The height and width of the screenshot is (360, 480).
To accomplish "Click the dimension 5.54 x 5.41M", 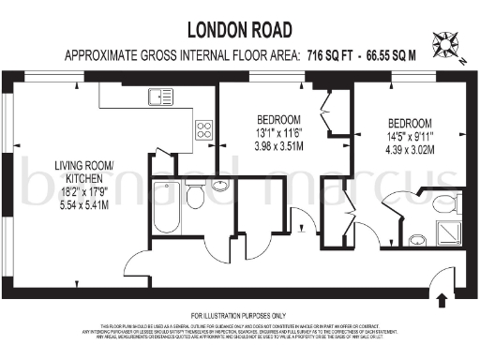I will [82, 204].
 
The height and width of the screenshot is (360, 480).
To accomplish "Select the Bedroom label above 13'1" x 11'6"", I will [278, 119].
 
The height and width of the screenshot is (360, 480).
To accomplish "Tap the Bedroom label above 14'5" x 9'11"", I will [410, 124].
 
